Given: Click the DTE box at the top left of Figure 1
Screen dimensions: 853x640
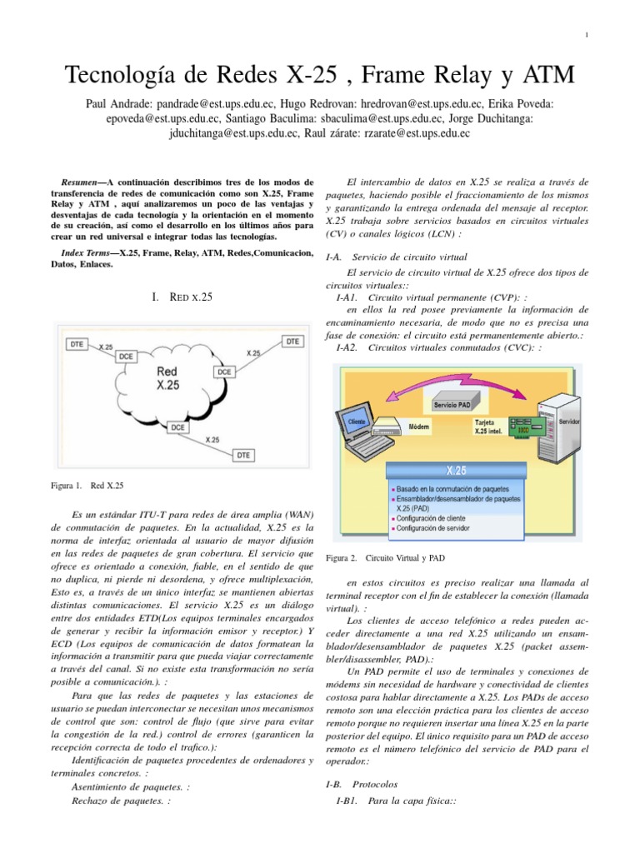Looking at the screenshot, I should [x=77, y=342].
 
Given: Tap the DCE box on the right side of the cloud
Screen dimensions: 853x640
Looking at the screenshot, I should [x=225, y=371].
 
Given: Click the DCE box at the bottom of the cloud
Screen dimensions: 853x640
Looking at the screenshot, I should [x=178, y=426].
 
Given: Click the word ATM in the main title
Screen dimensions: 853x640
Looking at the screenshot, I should [x=546, y=77].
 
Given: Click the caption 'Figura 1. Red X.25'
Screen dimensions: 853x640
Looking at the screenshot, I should [x=87, y=484].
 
